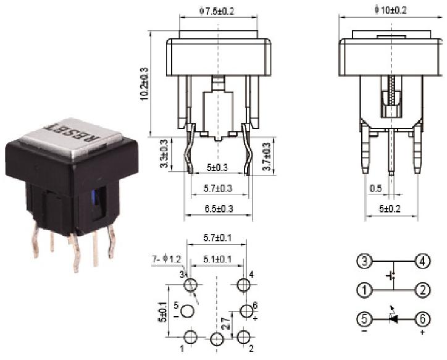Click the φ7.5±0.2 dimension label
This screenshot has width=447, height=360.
pos(216,10)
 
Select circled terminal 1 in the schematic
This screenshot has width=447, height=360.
pos(366,290)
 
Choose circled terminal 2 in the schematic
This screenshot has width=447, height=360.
pos(422,290)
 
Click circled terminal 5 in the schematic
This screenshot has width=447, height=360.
pos(366,319)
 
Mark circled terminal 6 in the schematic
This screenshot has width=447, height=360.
pos(422,319)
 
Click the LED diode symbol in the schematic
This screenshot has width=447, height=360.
pos(393,318)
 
